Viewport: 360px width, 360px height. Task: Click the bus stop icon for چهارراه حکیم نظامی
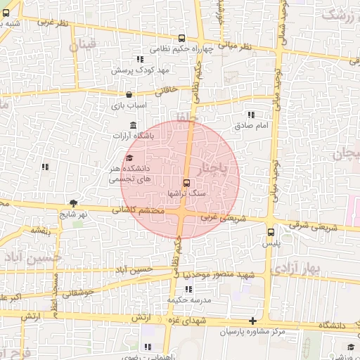tap(182, 39)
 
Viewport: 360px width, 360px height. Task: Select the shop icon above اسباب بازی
tap(129, 94)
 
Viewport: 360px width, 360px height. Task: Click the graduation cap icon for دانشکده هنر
tap(129, 157)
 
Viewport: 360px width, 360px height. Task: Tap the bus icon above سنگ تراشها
tap(186, 181)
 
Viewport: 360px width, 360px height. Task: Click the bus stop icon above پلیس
tap(271, 232)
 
